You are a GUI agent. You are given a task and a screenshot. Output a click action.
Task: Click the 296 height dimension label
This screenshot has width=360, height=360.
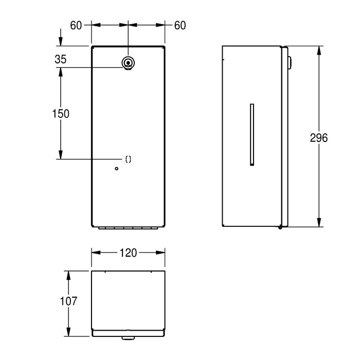(x=319, y=137)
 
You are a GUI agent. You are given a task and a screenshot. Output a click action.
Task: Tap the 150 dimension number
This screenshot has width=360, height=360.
(x=61, y=114)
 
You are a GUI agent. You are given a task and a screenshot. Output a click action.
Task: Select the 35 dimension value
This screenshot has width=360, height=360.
(x=61, y=60)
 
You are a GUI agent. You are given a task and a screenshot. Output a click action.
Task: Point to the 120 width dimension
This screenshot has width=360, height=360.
(x=128, y=253)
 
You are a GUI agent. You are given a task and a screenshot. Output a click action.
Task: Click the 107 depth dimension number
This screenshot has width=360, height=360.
(x=68, y=301)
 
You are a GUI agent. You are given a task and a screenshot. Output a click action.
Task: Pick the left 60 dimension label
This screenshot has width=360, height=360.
(x=76, y=24)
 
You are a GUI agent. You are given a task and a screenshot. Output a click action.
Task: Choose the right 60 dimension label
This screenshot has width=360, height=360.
(x=179, y=24)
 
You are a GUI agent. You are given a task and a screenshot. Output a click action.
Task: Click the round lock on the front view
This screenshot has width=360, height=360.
(x=128, y=63)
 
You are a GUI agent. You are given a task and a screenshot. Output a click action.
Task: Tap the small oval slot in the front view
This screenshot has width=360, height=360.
(x=128, y=159)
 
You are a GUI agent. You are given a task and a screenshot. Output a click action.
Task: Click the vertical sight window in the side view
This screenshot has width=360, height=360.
(x=251, y=134)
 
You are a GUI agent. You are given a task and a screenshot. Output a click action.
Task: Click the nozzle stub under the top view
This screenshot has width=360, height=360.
(x=128, y=337)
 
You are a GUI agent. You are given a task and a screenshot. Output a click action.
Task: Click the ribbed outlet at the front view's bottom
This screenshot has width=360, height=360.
(x=128, y=228)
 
